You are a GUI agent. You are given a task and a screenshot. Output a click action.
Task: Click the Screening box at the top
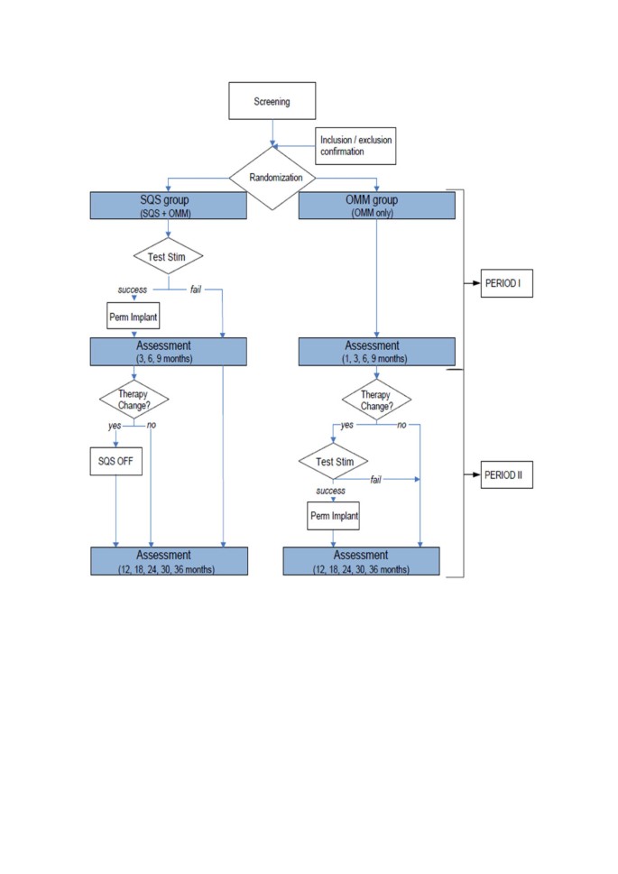[x=272, y=101]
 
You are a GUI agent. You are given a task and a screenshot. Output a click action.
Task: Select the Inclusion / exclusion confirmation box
[x=355, y=146]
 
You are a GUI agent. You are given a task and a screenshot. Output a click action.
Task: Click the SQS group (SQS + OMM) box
[x=169, y=205]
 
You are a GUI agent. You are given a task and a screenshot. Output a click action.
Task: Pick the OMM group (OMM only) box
[x=376, y=205]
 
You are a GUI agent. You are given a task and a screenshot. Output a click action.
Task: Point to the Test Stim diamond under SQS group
[x=169, y=257]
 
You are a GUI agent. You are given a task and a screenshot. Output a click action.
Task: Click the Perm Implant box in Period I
[x=134, y=317]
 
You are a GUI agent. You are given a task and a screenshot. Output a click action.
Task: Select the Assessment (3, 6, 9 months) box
[x=169, y=351]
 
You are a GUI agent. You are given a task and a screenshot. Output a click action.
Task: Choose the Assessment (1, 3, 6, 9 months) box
[x=376, y=351]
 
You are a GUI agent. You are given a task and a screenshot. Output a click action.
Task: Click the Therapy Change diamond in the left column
[x=134, y=400]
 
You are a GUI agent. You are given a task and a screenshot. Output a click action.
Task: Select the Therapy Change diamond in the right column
[x=376, y=400]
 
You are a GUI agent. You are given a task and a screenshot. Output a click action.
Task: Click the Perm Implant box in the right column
[x=333, y=517]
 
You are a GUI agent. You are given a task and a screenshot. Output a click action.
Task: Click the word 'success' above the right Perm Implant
[x=330, y=491]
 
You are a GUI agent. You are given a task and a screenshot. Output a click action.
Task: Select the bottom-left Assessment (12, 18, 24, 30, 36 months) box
[x=169, y=561]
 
